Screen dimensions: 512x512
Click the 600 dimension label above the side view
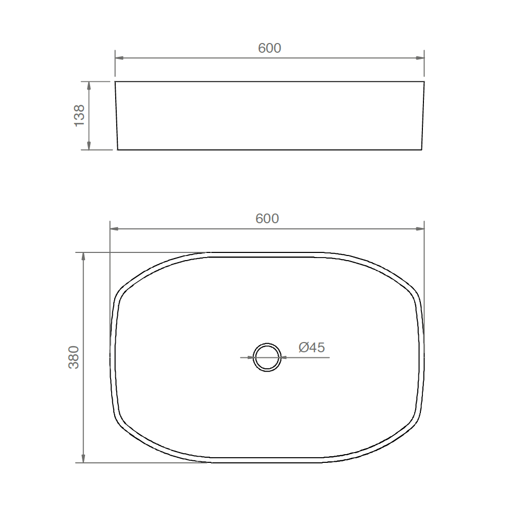coord(269,48)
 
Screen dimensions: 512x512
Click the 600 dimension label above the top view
coord(267,219)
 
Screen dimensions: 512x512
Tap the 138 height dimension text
coord(79,116)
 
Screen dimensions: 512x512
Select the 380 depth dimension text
coord(73,357)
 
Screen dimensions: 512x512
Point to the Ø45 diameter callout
coord(311,347)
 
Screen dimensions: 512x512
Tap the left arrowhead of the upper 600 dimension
coord(119,58)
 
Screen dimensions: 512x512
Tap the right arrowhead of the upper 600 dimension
coord(420,58)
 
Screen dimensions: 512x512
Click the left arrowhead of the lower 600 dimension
coord(114,228)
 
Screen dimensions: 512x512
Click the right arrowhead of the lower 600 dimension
coord(420,228)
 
